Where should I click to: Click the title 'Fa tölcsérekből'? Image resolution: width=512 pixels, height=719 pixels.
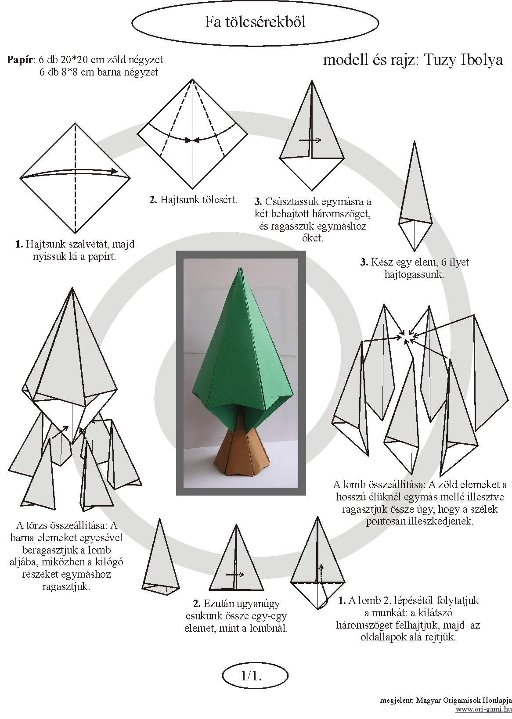point(255,22)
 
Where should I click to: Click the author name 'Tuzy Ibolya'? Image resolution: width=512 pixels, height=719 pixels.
point(463,60)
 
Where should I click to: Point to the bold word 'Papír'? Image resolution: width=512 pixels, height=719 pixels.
point(20,60)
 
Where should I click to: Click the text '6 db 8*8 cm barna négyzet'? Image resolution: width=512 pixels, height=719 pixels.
point(99,72)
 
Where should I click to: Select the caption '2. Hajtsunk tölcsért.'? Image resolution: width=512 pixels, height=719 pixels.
point(193,200)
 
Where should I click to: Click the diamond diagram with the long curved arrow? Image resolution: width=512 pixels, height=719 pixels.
point(75,178)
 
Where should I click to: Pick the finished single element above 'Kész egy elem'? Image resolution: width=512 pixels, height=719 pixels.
point(415,196)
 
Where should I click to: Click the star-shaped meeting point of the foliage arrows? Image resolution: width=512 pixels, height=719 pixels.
point(407,337)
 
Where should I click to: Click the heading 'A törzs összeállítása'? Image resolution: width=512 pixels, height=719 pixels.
point(61,526)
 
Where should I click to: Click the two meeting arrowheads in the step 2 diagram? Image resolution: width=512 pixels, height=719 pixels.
point(192,140)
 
